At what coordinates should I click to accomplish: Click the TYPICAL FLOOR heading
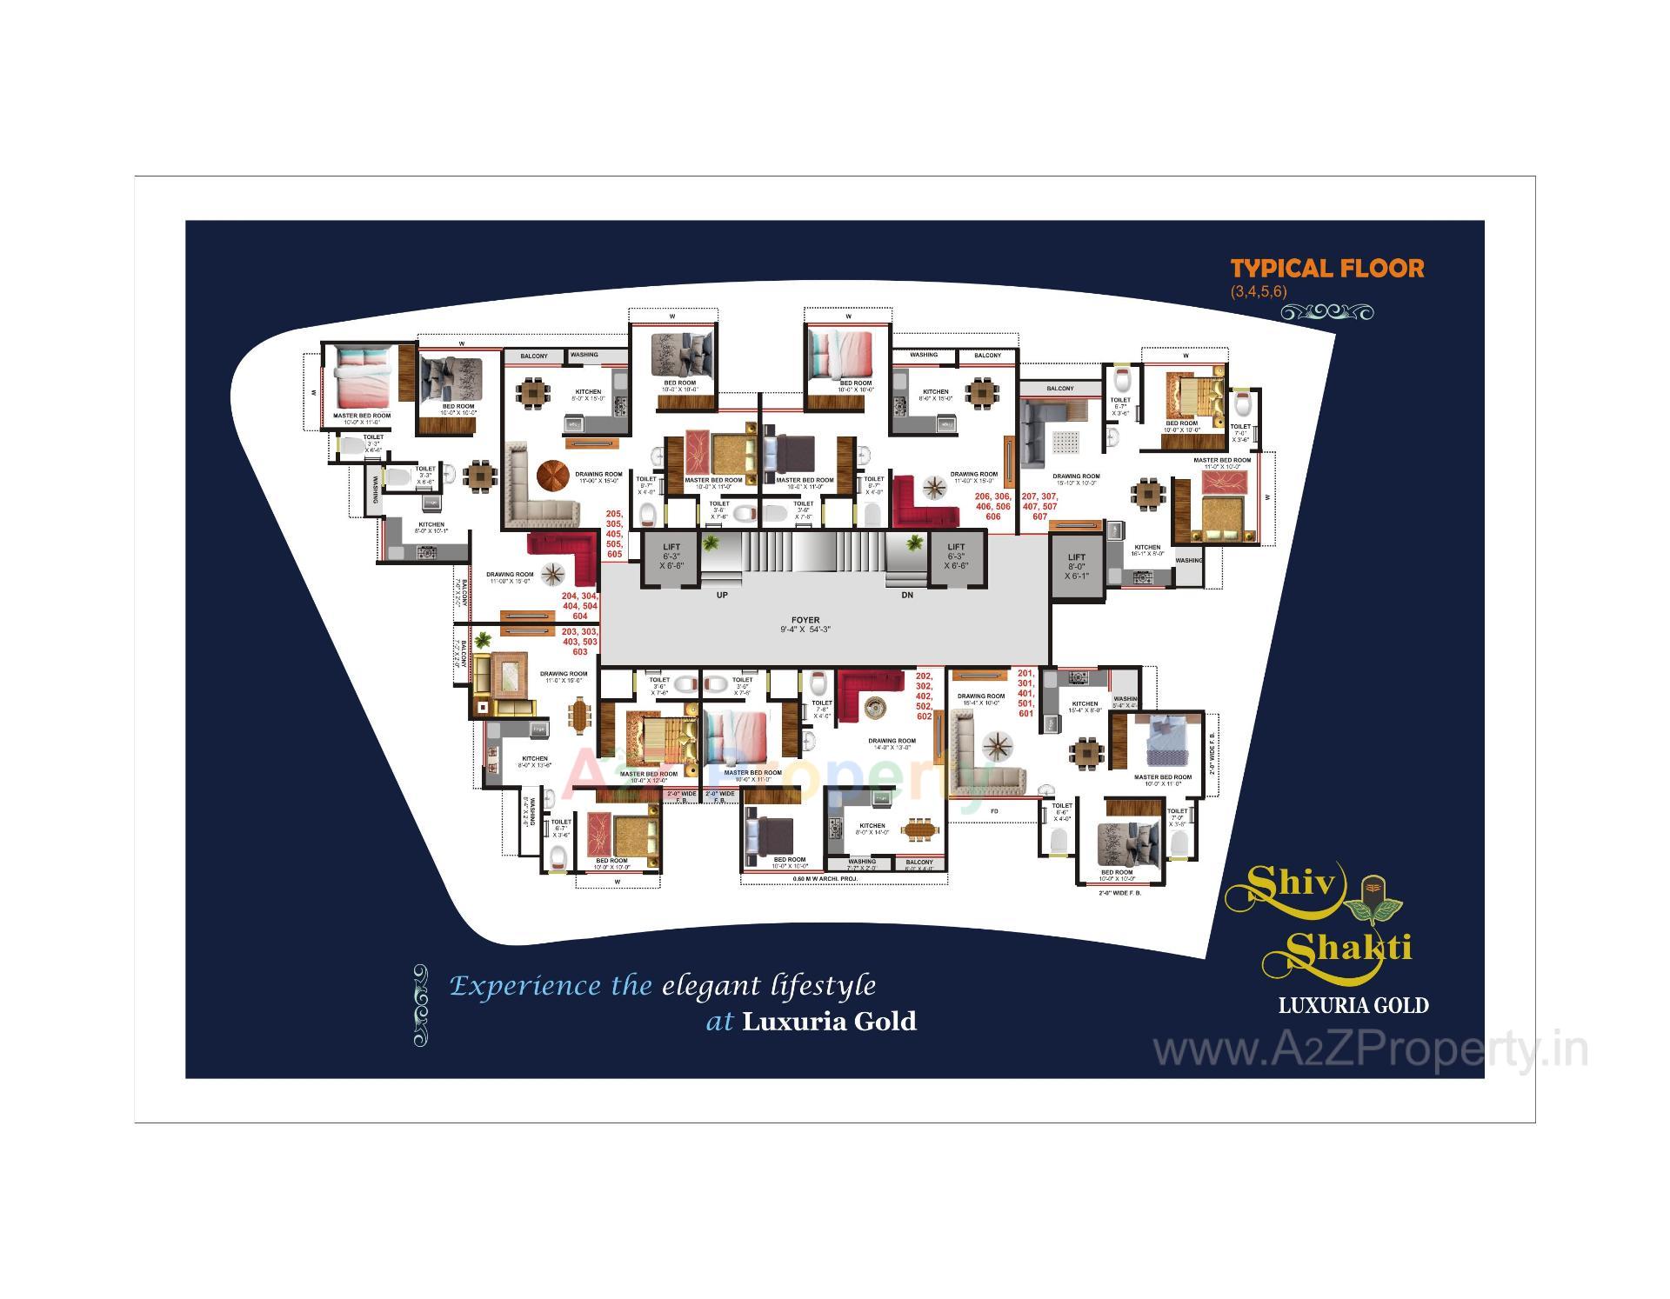[1326, 268]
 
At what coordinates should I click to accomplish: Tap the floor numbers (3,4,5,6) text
[1258, 292]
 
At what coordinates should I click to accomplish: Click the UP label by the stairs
[722, 596]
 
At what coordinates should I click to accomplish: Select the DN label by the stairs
[907, 596]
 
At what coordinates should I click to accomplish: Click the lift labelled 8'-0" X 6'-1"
[1076, 566]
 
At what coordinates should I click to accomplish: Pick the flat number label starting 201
[1025, 693]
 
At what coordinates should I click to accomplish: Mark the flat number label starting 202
[924, 696]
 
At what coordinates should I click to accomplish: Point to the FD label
[994, 810]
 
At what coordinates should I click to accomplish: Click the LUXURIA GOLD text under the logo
[1353, 1006]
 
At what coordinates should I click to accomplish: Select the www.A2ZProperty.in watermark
[1370, 1050]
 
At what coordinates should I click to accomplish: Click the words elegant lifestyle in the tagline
[769, 986]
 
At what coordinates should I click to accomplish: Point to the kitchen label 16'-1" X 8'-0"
[1147, 550]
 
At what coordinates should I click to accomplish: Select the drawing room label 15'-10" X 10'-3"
[1076, 479]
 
